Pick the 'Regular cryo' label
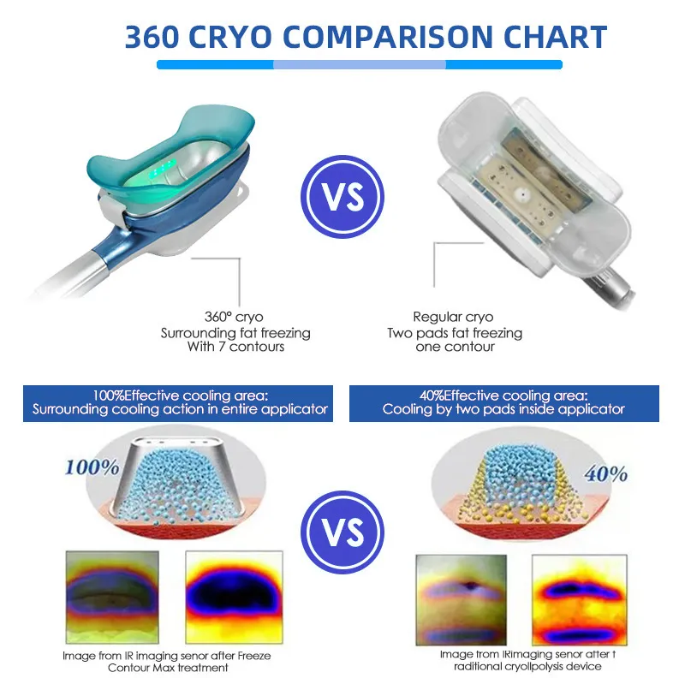pos(453,317)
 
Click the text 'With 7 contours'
pos(235,348)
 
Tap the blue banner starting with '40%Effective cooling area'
pos(504,402)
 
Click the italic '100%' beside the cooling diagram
pos(90,468)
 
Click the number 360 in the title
pos(157,37)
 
